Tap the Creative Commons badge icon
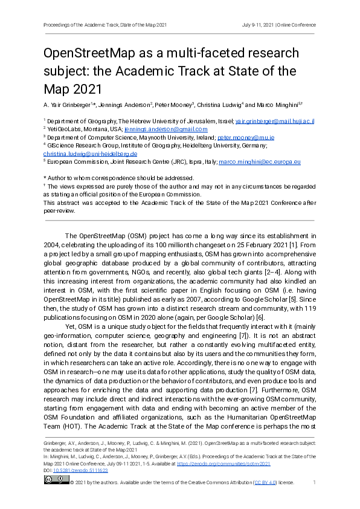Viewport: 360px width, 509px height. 56,479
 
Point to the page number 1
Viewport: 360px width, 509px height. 314,482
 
